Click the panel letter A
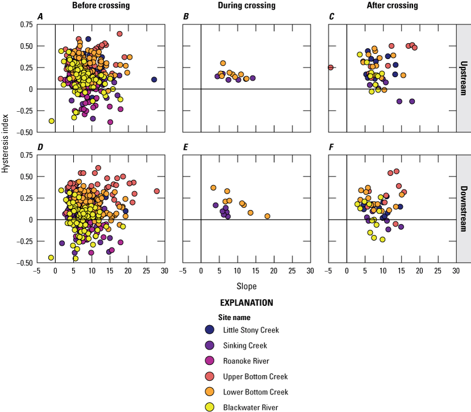pos(40,16)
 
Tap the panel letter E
pos(186,147)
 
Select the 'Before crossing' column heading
pos(100,5)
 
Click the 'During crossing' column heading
pos(246,5)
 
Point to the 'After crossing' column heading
pos(392,5)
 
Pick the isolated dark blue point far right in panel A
pos(154,80)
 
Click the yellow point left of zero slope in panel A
pos(52,121)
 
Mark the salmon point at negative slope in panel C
pos(330,68)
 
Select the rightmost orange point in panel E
pos(267,216)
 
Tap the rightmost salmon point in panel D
pos(157,191)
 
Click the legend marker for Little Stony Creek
pos(210,330)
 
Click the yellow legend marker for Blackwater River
pos(210,407)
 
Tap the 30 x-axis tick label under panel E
pos(310,271)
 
